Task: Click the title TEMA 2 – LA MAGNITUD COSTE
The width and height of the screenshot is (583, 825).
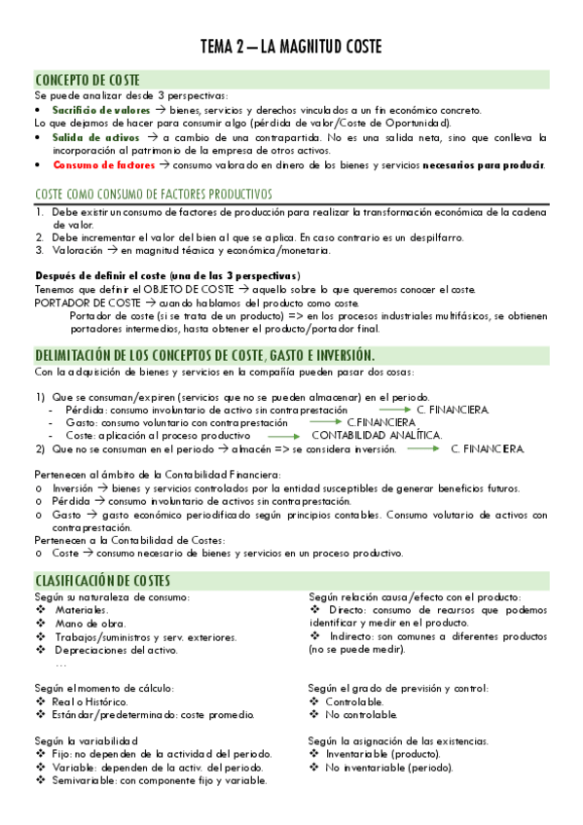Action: point(291,47)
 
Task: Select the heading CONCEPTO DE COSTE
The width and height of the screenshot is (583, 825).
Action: point(88,79)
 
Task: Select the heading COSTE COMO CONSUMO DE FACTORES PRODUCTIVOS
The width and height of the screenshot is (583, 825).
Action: point(153,194)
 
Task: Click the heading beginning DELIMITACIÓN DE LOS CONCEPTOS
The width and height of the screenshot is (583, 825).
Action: point(204,354)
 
